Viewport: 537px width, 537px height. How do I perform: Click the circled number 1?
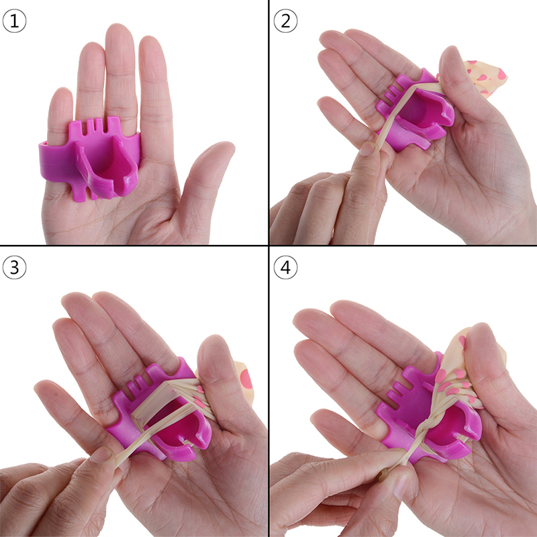pyautogui.click(x=14, y=21)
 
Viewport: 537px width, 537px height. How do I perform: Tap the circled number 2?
pyautogui.click(x=286, y=21)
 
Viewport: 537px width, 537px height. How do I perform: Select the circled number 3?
pyautogui.click(x=14, y=267)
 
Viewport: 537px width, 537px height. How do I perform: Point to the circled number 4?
pyautogui.click(x=286, y=267)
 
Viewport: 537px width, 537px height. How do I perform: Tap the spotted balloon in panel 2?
pyautogui.click(x=485, y=78)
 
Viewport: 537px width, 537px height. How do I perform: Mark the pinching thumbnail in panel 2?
pyautogui.click(x=367, y=148)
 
